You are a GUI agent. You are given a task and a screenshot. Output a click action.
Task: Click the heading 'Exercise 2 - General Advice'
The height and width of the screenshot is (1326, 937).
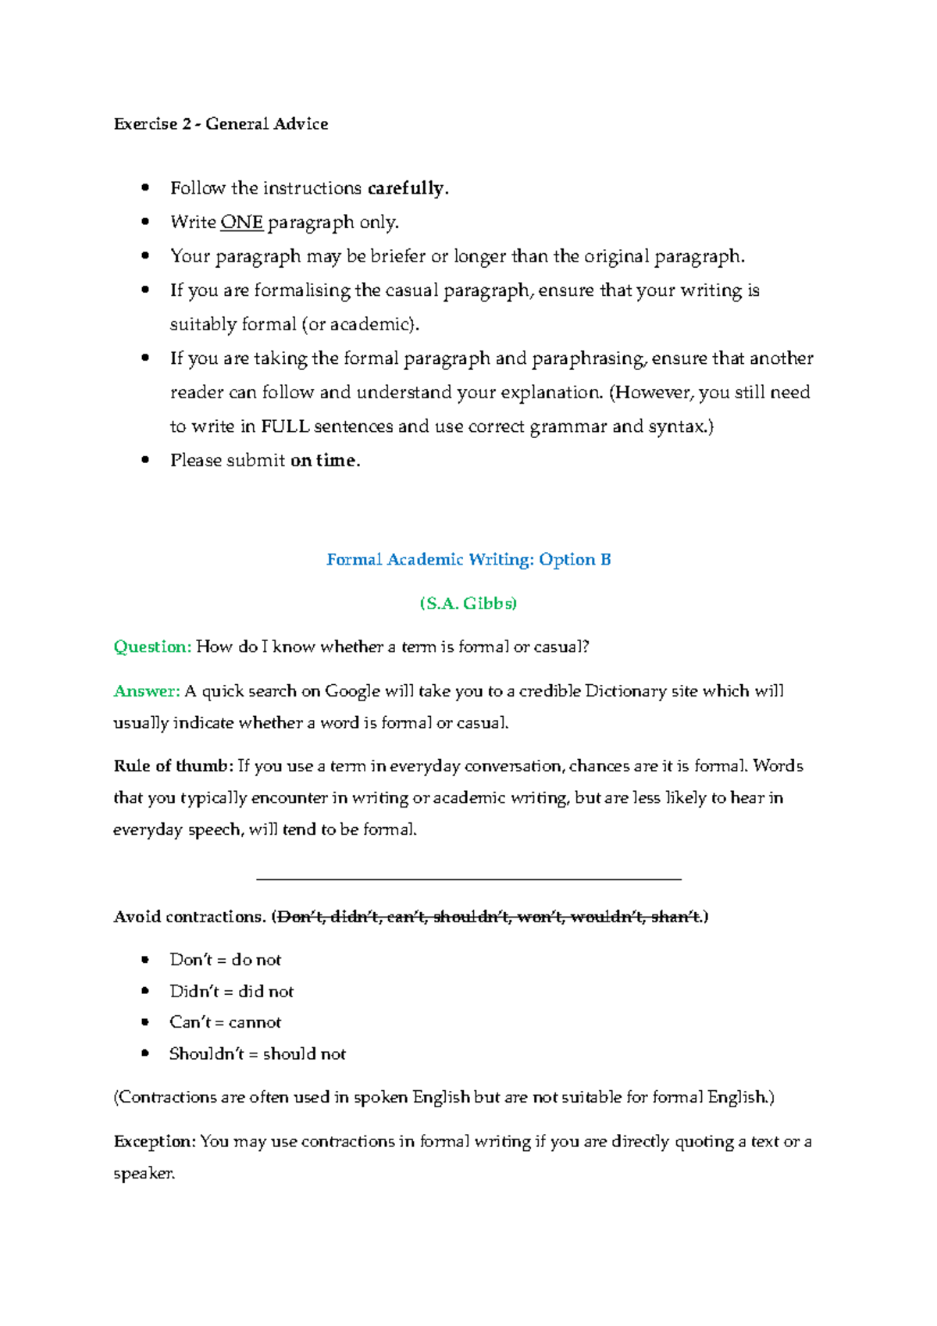(x=221, y=124)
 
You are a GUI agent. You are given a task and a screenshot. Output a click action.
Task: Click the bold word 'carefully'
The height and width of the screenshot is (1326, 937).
(x=405, y=188)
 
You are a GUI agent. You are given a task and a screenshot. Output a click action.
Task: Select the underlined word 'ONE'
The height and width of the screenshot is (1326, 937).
(x=241, y=223)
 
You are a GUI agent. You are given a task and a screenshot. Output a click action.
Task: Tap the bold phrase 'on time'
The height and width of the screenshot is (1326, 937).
(x=323, y=461)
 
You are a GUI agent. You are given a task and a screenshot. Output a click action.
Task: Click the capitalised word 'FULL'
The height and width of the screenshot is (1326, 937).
(x=285, y=426)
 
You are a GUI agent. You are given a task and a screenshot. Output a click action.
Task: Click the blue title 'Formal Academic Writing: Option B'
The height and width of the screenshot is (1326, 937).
(x=468, y=560)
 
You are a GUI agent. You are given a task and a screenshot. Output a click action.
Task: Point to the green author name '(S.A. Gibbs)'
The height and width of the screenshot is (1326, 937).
(x=468, y=604)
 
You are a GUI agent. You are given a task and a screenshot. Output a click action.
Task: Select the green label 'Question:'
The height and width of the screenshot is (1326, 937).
(x=152, y=647)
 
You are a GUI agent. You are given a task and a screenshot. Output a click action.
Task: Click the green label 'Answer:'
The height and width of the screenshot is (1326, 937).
(x=147, y=691)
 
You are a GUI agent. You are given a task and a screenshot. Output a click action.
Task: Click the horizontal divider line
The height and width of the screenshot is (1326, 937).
(x=468, y=880)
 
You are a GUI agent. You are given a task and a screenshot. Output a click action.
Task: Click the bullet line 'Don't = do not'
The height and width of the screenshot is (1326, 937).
(x=225, y=960)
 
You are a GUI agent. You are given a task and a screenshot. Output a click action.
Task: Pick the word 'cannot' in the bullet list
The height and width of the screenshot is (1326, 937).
(x=255, y=1022)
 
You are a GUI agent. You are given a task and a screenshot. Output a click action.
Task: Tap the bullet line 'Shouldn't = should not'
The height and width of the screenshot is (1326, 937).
(x=258, y=1054)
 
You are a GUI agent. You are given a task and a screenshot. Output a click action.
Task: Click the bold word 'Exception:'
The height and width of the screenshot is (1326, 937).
(x=155, y=1142)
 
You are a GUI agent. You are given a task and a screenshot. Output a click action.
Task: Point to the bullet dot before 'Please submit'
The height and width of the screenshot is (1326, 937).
(x=145, y=461)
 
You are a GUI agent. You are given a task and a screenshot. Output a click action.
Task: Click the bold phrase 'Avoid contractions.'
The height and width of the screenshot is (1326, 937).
(x=190, y=917)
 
